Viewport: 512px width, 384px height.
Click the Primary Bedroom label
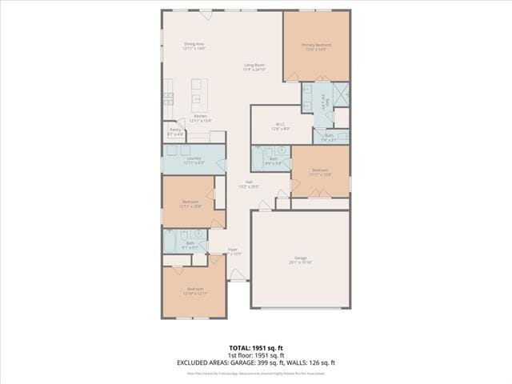316,45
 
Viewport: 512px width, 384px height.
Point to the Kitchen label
201,117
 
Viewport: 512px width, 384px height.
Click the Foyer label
233,250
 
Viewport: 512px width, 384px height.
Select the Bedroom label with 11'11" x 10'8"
320,170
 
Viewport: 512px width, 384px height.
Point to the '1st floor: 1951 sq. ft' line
255,355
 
